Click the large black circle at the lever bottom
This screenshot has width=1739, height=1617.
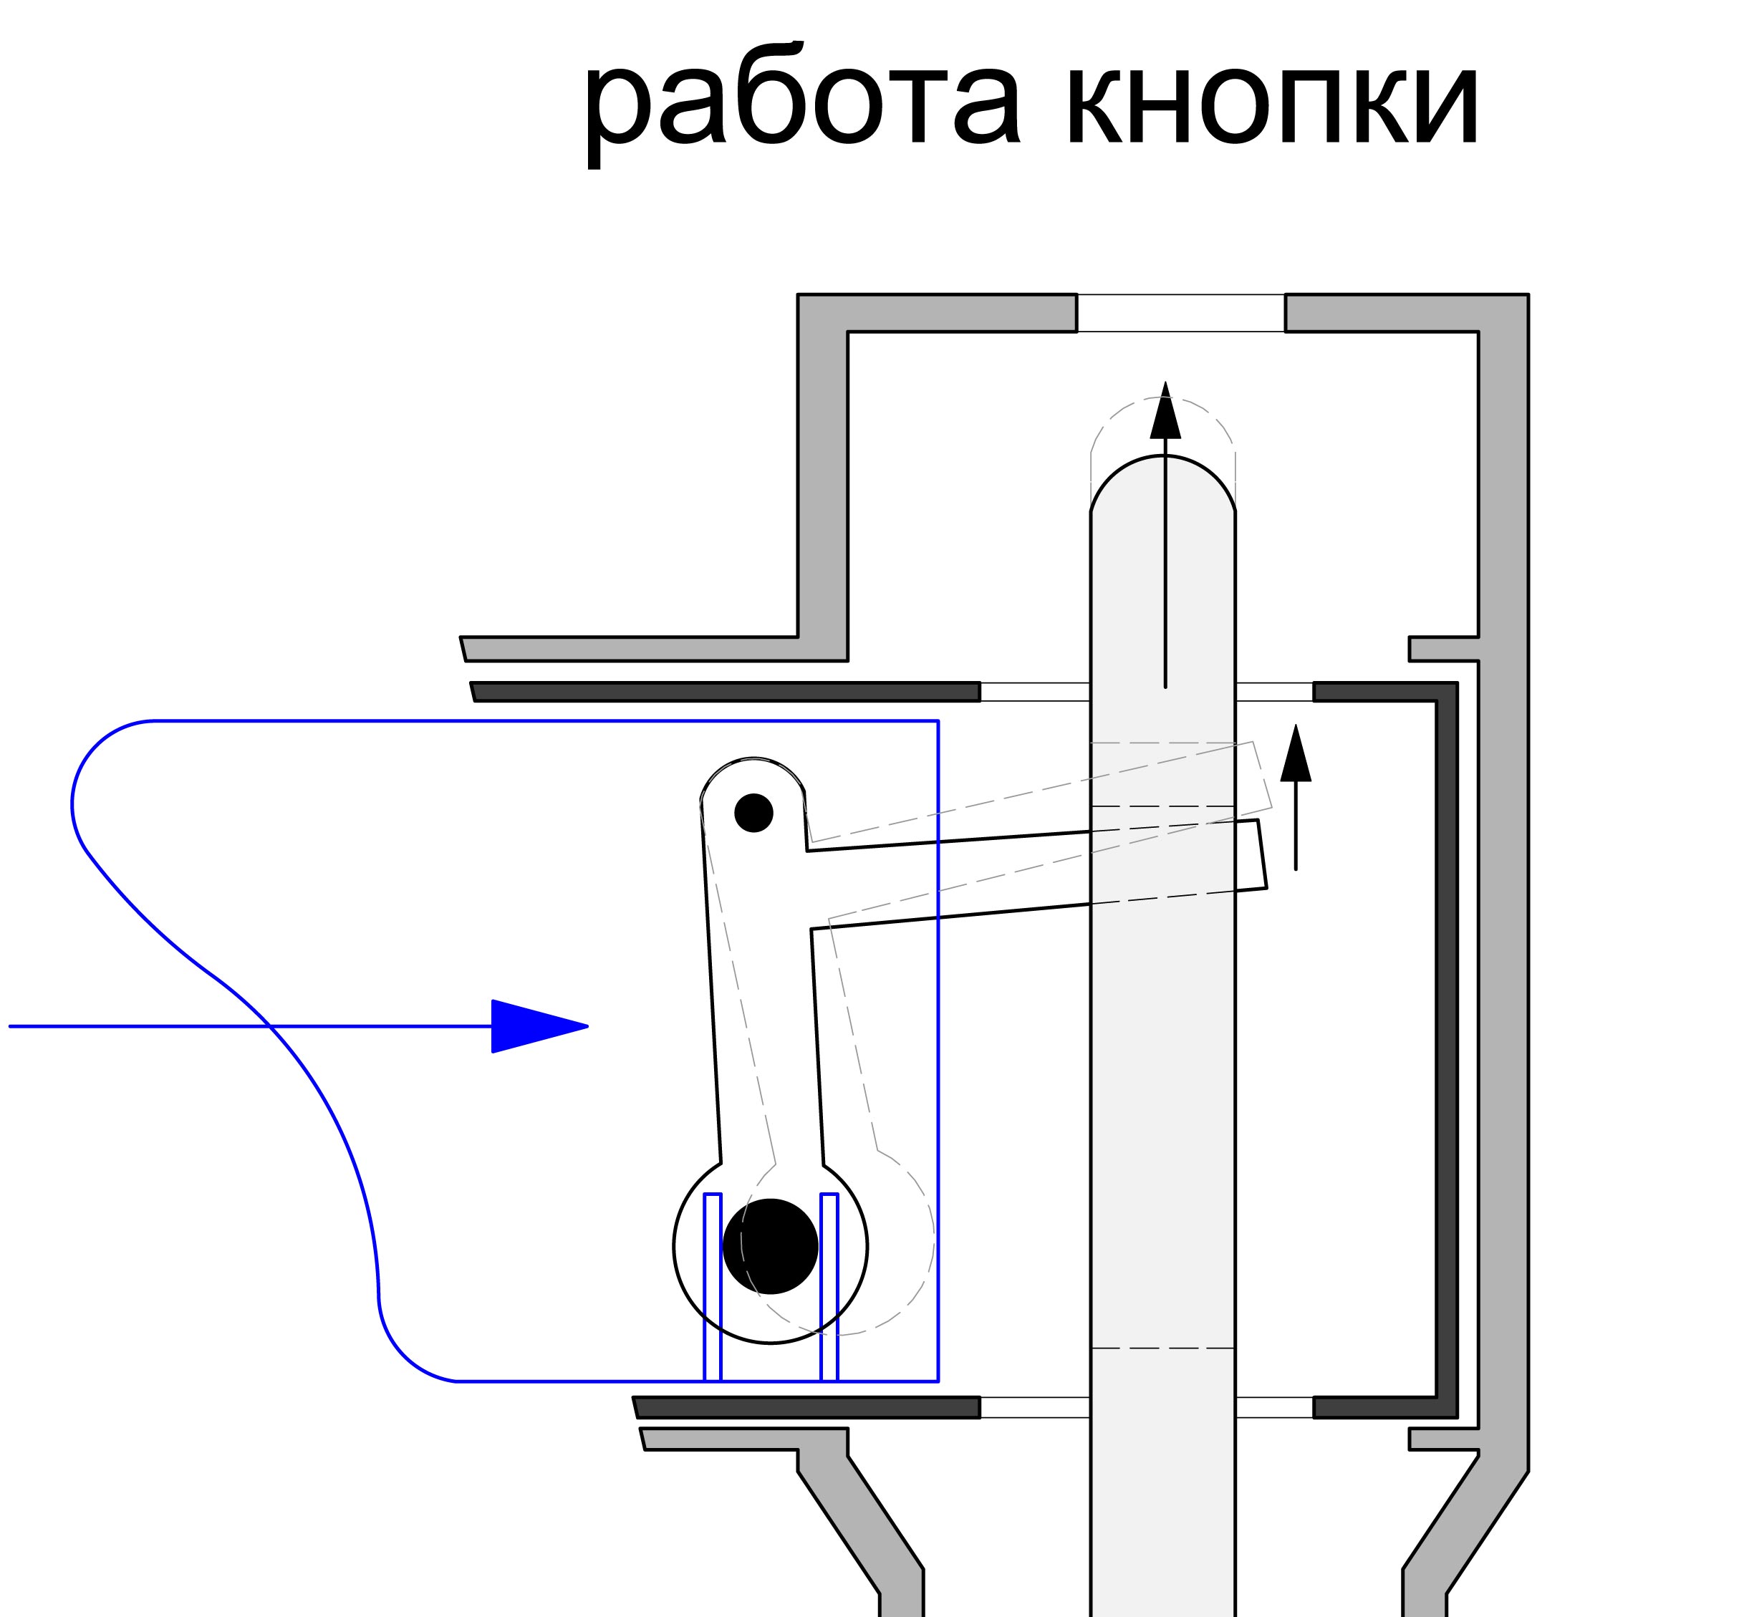click(x=770, y=1245)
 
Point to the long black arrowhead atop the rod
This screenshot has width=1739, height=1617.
click(x=1165, y=411)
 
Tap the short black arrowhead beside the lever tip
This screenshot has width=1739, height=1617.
click(x=1296, y=754)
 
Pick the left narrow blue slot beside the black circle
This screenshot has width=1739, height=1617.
click(x=712, y=1285)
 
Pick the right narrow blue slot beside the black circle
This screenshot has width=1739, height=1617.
click(x=829, y=1285)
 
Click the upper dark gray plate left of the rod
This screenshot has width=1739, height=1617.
click(x=726, y=692)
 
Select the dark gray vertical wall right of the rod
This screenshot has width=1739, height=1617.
click(x=1447, y=1049)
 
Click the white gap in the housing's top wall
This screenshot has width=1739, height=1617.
click(x=1180, y=313)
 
